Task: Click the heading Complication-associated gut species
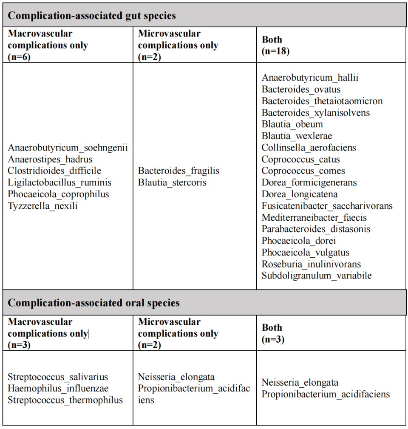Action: (x=92, y=16)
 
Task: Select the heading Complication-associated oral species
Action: (x=93, y=303)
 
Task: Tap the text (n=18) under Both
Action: (x=276, y=51)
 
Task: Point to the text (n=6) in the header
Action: (x=19, y=57)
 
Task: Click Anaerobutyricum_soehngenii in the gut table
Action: (x=68, y=148)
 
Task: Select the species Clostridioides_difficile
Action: (x=54, y=171)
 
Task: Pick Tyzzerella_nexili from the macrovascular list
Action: (x=42, y=206)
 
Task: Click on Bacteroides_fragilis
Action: (x=178, y=171)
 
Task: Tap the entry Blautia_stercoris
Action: (x=172, y=182)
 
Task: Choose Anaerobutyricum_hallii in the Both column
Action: (x=310, y=78)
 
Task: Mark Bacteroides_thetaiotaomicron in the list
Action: (x=322, y=101)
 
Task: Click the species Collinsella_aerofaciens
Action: (x=309, y=148)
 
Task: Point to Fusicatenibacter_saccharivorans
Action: (x=327, y=206)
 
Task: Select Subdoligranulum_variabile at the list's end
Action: (x=317, y=276)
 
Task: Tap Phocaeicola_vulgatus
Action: (x=306, y=253)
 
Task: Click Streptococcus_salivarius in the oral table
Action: (x=58, y=377)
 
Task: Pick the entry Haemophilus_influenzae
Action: (x=58, y=389)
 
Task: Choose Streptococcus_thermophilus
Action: (x=65, y=400)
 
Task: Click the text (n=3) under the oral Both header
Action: (x=273, y=339)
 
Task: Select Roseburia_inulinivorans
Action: (x=311, y=264)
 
